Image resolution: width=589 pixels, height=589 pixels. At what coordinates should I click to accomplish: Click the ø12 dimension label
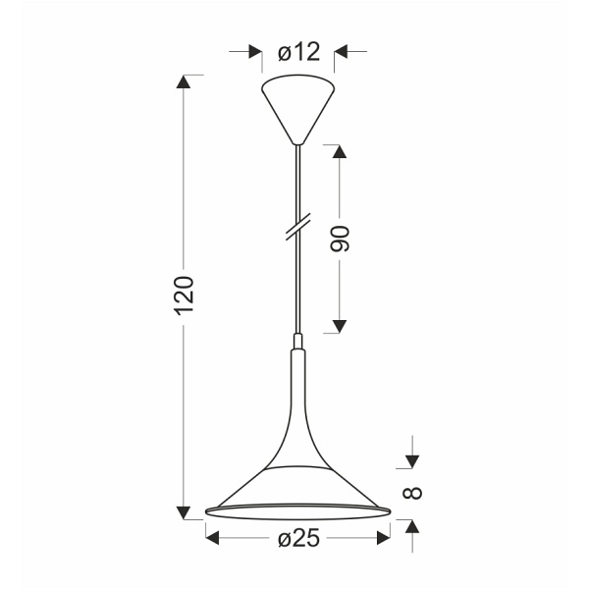tap(298, 53)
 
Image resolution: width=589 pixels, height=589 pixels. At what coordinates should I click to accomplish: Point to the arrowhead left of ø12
tap(254, 53)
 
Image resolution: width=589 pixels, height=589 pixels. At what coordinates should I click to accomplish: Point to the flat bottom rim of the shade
tap(297, 511)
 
